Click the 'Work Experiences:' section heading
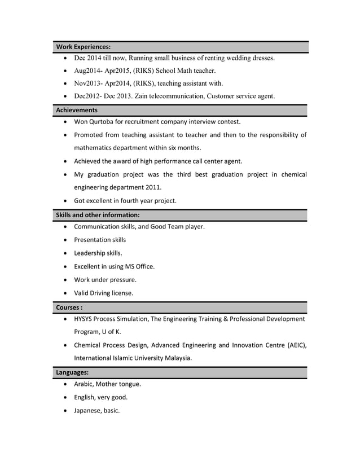coord(84,46)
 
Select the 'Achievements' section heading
coord(77,110)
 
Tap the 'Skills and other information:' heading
coord(98,215)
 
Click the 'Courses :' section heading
coord(70,307)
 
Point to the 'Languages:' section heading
coord(72,372)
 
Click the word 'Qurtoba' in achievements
coord(111,121)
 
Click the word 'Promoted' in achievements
coord(90,135)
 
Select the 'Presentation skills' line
coord(100,240)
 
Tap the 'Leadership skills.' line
coord(98,253)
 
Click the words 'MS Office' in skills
coord(139,266)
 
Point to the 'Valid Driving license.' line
coord(104,293)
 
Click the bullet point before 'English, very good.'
coord(68,397)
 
